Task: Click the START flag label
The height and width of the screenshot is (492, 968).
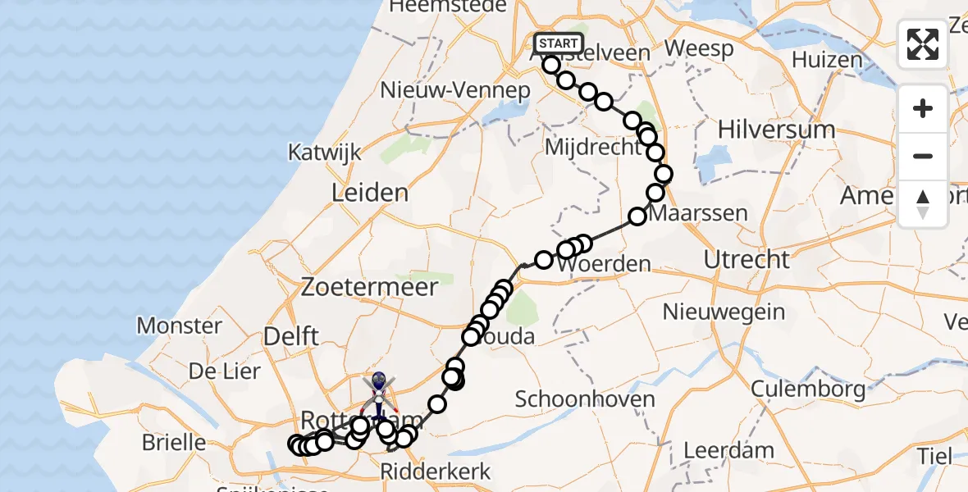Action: [559, 43]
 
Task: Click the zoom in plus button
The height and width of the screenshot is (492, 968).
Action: [923, 108]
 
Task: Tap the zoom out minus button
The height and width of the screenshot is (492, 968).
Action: [923, 156]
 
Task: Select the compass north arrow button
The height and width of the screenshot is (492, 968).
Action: [923, 203]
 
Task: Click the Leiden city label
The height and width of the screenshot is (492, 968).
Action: [369, 194]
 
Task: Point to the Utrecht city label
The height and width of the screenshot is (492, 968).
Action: [747, 260]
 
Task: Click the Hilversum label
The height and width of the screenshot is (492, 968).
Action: [776, 130]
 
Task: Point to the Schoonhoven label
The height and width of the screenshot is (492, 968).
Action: [585, 399]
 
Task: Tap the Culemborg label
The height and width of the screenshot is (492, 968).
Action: [808, 388]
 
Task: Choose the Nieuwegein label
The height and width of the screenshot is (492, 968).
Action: [724, 312]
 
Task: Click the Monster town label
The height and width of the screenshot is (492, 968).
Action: [179, 326]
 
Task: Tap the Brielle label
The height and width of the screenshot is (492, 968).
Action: [174, 443]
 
